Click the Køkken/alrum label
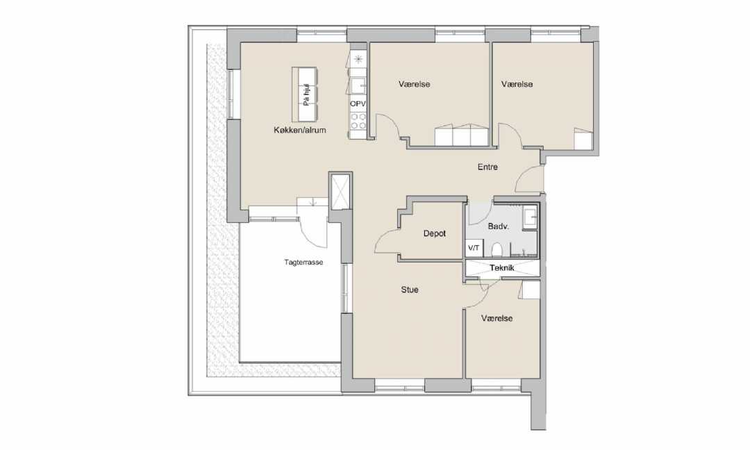[300, 130]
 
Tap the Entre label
[487, 167]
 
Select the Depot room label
[434, 234]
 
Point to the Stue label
[410, 290]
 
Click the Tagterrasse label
[303, 262]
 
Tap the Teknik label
[502, 268]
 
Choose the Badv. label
[498, 226]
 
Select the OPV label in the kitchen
[358, 103]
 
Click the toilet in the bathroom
[497, 250]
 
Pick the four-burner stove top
[358, 121]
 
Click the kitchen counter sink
[358, 87]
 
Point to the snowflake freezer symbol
[358, 60]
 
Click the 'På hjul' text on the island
[307, 95]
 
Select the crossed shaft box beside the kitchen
[340, 191]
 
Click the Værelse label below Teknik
[497, 319]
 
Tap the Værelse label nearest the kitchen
[414, 84]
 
